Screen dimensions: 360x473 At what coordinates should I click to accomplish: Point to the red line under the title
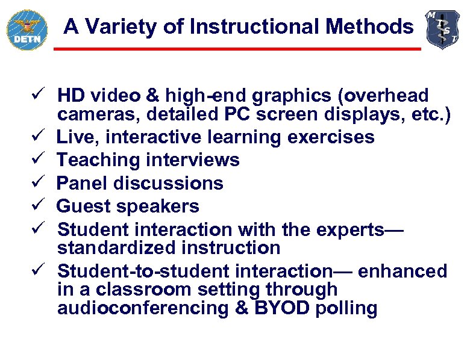pyautogui.click(x=237, y=49)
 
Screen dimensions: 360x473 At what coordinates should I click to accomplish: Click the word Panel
pyautogui.click(x=80, y=183)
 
